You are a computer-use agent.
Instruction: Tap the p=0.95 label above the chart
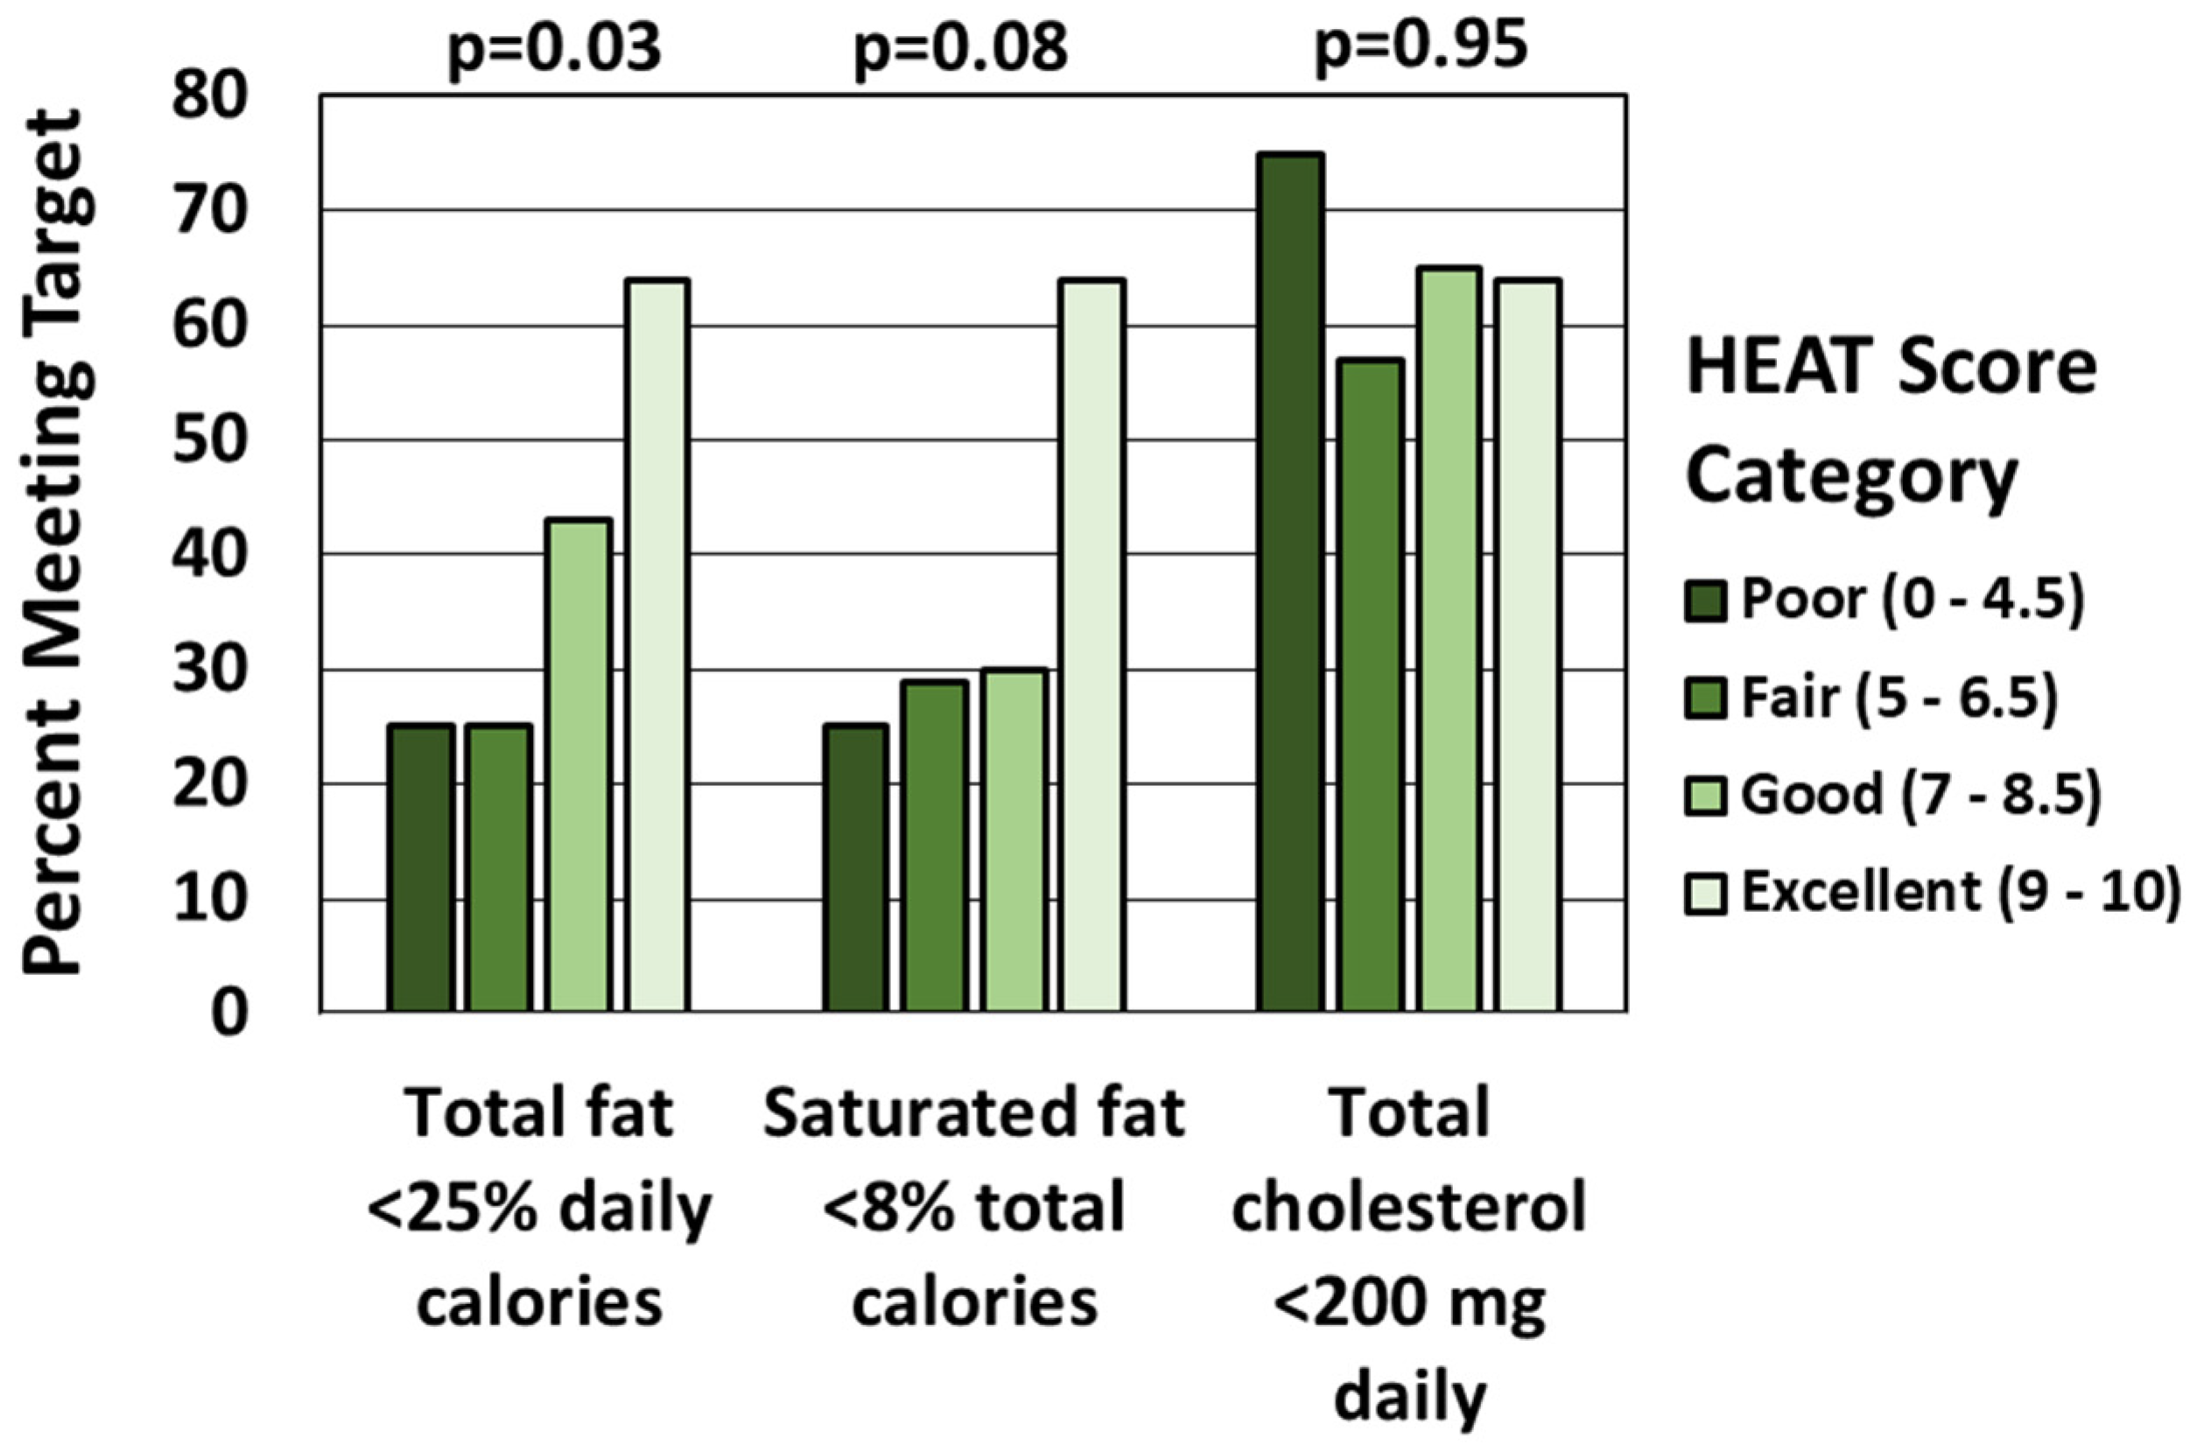1421,45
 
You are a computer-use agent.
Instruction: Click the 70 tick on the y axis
213,212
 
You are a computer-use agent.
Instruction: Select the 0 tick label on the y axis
229,1014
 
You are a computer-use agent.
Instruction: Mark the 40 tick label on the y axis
213,555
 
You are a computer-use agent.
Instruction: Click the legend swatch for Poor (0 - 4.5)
1705,601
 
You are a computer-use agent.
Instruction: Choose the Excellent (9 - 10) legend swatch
1705,894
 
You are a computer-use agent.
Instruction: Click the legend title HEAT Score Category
1889,421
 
